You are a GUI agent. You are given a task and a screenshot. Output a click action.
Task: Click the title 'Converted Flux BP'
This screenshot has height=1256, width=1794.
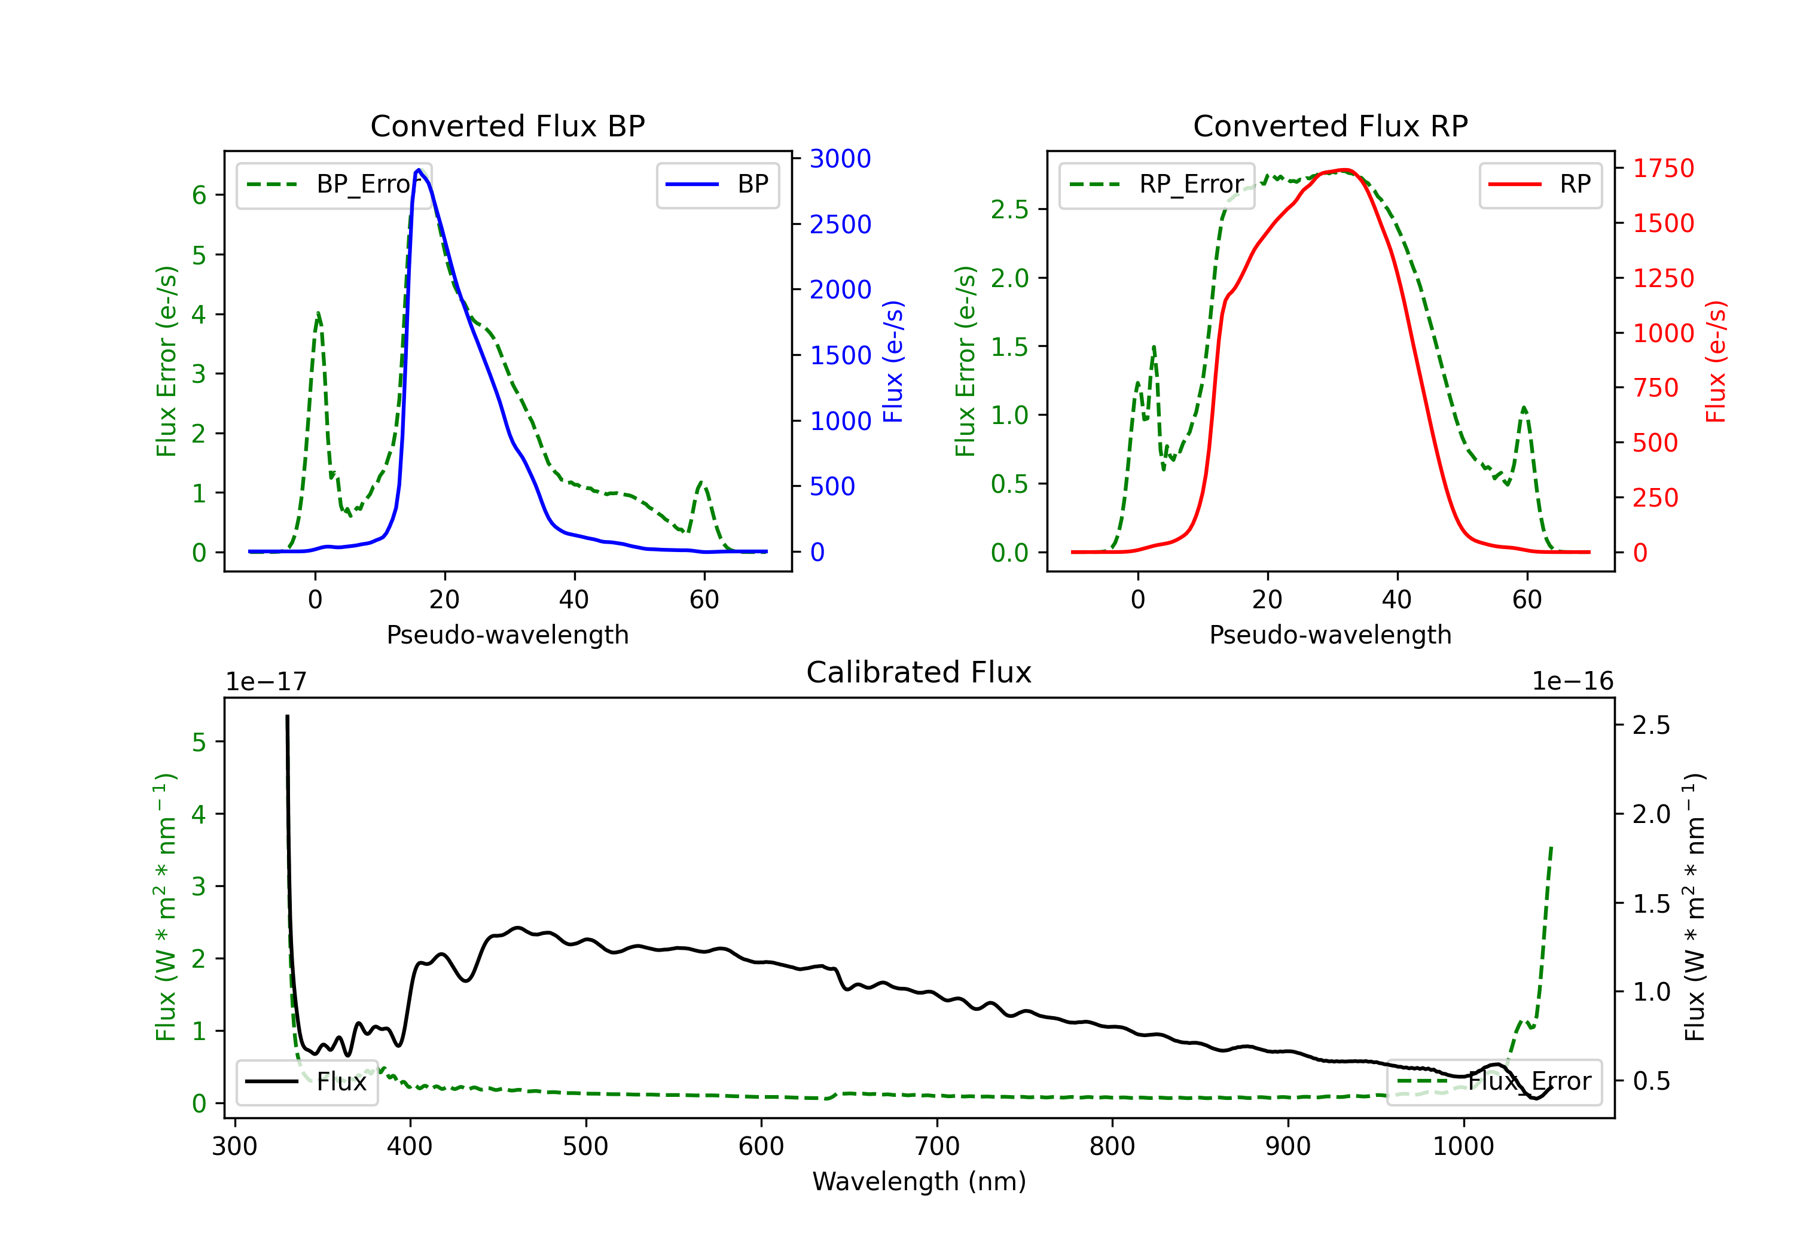[x=507, y=126]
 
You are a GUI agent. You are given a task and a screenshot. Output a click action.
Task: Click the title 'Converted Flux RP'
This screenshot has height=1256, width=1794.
[x=1330, y=126]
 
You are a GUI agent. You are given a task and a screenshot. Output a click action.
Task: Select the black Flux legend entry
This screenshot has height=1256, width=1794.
[x=307, y=1082]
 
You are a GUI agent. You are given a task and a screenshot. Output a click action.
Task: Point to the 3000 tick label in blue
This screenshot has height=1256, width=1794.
[x=840, y=158]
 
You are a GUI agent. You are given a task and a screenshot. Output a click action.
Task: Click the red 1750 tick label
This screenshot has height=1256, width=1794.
[x=1664, y=168]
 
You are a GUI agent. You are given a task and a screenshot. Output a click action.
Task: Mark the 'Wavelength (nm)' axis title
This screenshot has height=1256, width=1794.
[x=919, y=1181]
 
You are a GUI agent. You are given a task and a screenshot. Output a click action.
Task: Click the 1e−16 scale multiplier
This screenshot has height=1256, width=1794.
[x=1572, y=682]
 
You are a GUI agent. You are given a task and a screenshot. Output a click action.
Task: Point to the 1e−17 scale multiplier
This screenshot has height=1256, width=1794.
[x=267, y=682]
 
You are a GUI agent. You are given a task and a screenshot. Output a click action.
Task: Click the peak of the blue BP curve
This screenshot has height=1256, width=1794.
[x=419, y=170]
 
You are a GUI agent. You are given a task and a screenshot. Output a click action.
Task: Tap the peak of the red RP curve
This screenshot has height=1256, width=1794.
[x=1343, y=170]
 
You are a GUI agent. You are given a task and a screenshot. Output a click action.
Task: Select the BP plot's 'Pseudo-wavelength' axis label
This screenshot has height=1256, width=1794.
[x=507, y=635]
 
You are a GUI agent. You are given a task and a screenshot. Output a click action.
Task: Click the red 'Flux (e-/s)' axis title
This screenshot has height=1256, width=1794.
[x=1715, y=362]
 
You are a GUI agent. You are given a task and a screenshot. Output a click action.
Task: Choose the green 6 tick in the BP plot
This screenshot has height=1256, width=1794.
[x=199, y=196]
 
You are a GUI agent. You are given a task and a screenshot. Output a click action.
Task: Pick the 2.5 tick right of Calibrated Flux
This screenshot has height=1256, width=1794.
[x=1651, y=725]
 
